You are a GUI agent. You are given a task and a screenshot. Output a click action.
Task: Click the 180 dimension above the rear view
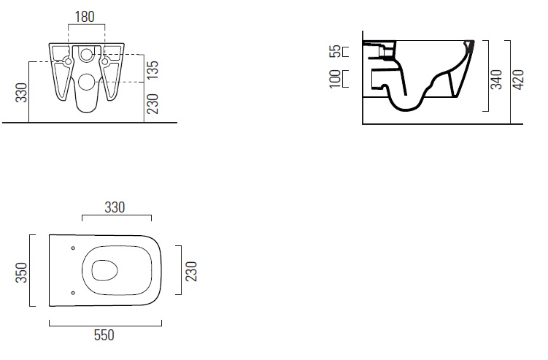click(85, 17)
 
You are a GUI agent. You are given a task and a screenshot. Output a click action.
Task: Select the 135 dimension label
click(153, 69)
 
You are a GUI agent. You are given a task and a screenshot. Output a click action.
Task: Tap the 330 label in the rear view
click(22, 92)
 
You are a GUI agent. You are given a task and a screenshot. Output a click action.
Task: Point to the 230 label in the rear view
click(153, 104)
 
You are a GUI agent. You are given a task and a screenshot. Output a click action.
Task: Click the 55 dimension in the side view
click(335, 51)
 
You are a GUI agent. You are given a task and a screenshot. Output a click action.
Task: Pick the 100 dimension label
click(335, 79)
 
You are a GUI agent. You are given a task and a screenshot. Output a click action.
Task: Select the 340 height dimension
click(496, 79)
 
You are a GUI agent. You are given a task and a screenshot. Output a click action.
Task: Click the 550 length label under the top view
click(104, 335)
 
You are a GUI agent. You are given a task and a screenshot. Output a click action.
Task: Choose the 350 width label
click(21, 272)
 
